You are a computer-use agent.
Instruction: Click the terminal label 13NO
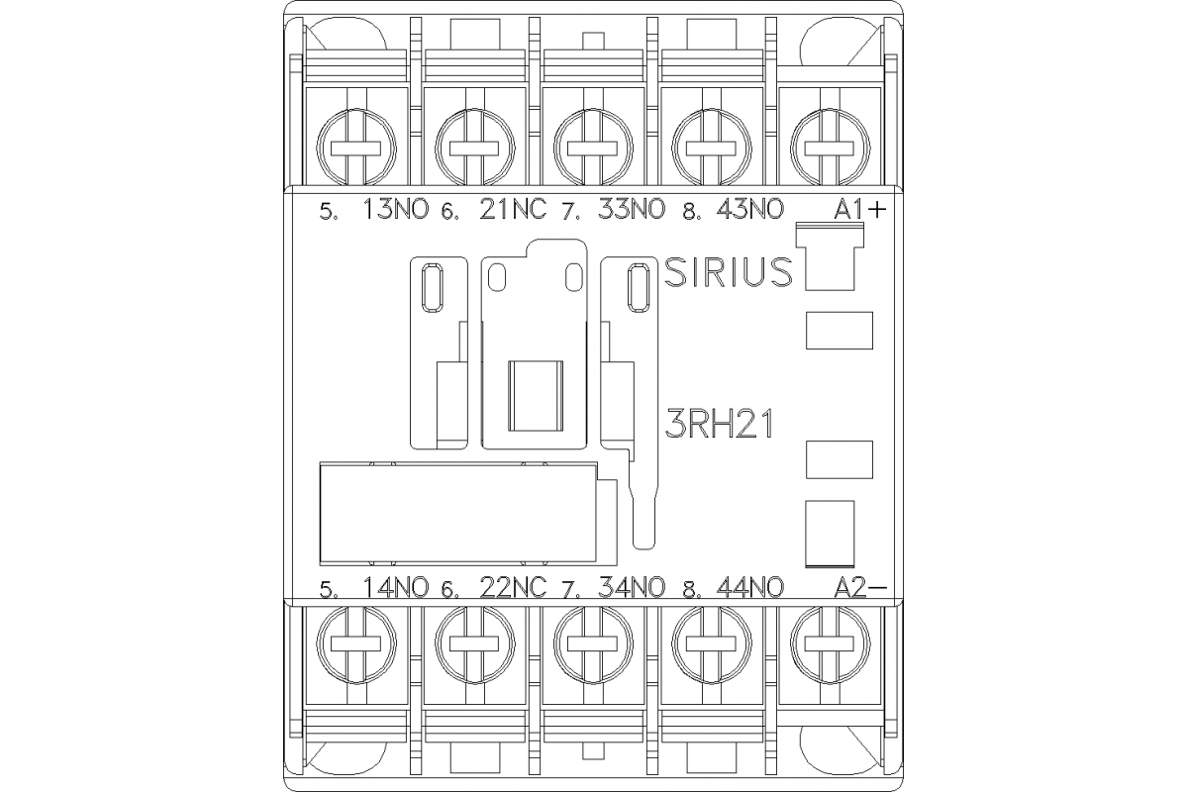pyautogui.click(x=397, y=210)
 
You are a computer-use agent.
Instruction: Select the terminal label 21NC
pyautogui.click(x=513, y=210)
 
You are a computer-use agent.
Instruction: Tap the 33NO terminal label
pyautogui.click(x=633, y=210)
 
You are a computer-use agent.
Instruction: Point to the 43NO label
pyautogui.click(x=749, y=210)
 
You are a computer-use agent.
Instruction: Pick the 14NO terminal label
pyautogui.click(x=397, y=587)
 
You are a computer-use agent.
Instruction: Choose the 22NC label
pyautogui.click(x=513, y=587)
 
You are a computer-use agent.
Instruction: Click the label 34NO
pyautogui.click(x=633, y=587)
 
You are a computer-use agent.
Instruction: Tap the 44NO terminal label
pyautogui.click(x=749, y=587)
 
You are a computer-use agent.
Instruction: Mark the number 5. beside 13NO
pyautogui.click(x=328, y=212)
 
